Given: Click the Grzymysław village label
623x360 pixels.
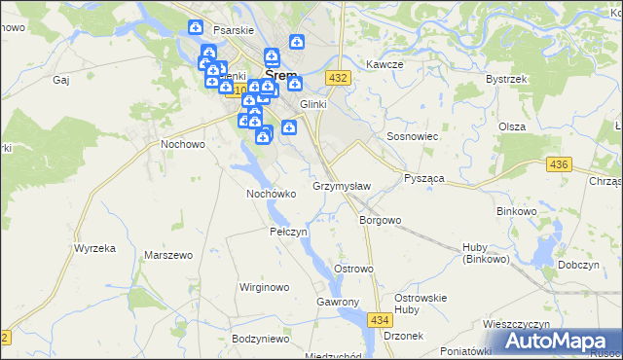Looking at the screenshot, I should [341, 186].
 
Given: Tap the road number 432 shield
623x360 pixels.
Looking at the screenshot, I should [338, 78].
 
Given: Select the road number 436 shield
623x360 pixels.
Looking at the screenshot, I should [558, 165].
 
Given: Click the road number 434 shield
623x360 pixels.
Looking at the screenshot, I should [381, 319].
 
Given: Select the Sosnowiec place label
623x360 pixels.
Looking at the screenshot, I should [414, 137].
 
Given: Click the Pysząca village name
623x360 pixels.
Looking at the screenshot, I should [424, 180].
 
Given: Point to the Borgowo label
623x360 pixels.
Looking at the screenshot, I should [380, 220].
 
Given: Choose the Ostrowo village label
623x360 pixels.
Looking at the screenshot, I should [353, 269].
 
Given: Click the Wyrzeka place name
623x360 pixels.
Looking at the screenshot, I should [94, 248].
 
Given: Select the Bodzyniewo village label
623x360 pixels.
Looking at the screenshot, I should [262, 339].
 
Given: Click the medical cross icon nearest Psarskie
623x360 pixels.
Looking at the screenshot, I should [196, 27].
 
